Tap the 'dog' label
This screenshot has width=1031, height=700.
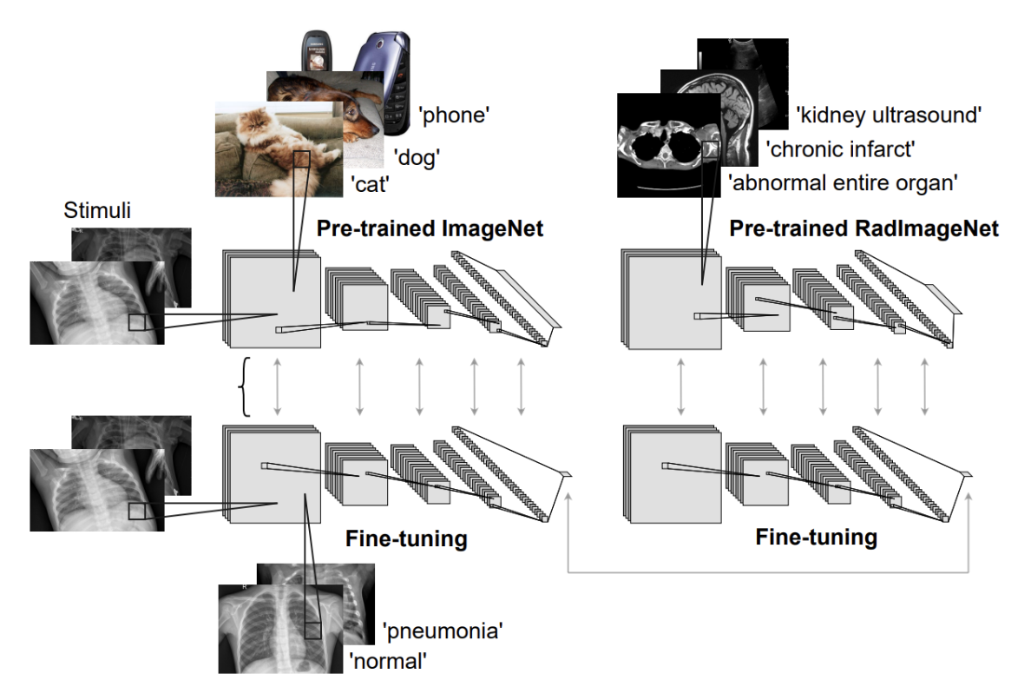point(417,157)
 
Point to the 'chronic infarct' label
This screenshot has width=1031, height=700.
point(840,149)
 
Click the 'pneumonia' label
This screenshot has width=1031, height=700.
point(443,630)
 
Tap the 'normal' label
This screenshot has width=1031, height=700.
point(390,661)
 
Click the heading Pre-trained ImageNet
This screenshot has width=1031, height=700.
point(430,229)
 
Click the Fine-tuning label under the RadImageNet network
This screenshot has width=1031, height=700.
point(816,537)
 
